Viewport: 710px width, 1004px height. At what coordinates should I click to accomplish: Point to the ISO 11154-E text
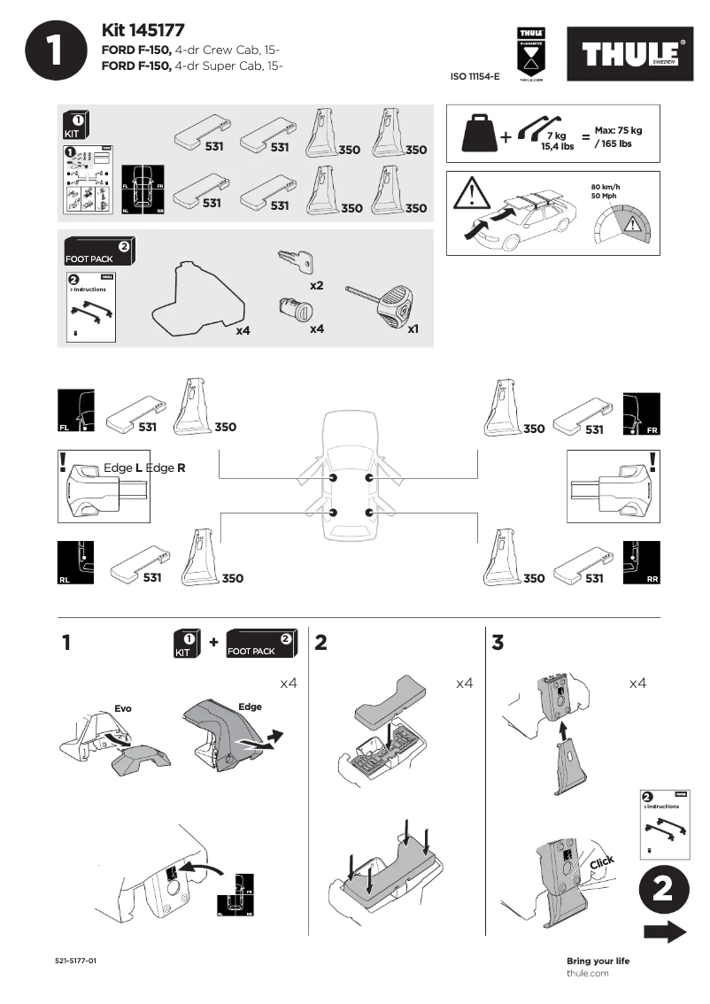click(x=475, y=77)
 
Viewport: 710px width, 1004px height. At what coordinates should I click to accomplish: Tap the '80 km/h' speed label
click(x=604, y=187)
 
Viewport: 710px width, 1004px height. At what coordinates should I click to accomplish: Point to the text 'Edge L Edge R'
click(x=144, y=467)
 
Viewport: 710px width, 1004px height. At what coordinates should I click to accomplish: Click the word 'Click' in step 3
click(x=602, y=862)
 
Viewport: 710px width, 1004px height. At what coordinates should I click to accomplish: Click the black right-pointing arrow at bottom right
click(x=664, y=931)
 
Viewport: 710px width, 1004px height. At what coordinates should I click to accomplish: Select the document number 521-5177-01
click(x=75, y=961)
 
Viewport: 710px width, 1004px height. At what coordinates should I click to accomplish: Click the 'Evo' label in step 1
click(x=122, y=709)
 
